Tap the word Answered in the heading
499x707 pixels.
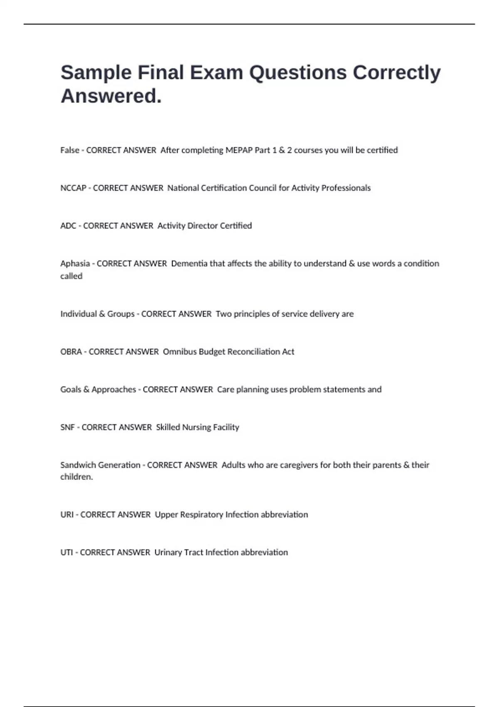point(111,96)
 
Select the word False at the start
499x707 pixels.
point(69,150)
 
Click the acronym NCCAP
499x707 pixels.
point(73,188)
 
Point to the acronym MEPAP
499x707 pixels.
point(239,150)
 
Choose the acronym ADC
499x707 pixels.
point(68,226)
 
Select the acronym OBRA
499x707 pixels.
point(71,352)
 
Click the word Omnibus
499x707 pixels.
point(180,352)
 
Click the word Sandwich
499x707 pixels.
point(79,465)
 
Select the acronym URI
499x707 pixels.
point(67,515)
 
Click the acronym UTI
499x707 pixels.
point(67,553)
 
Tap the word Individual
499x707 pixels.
point(79,314)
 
